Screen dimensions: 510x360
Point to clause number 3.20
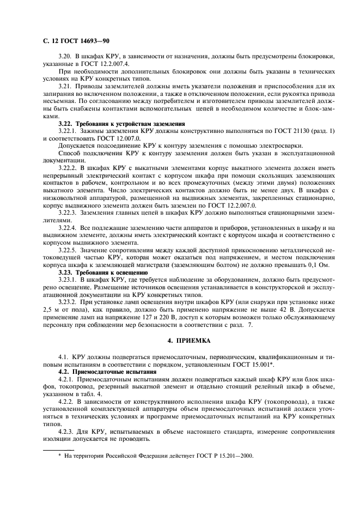65,57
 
